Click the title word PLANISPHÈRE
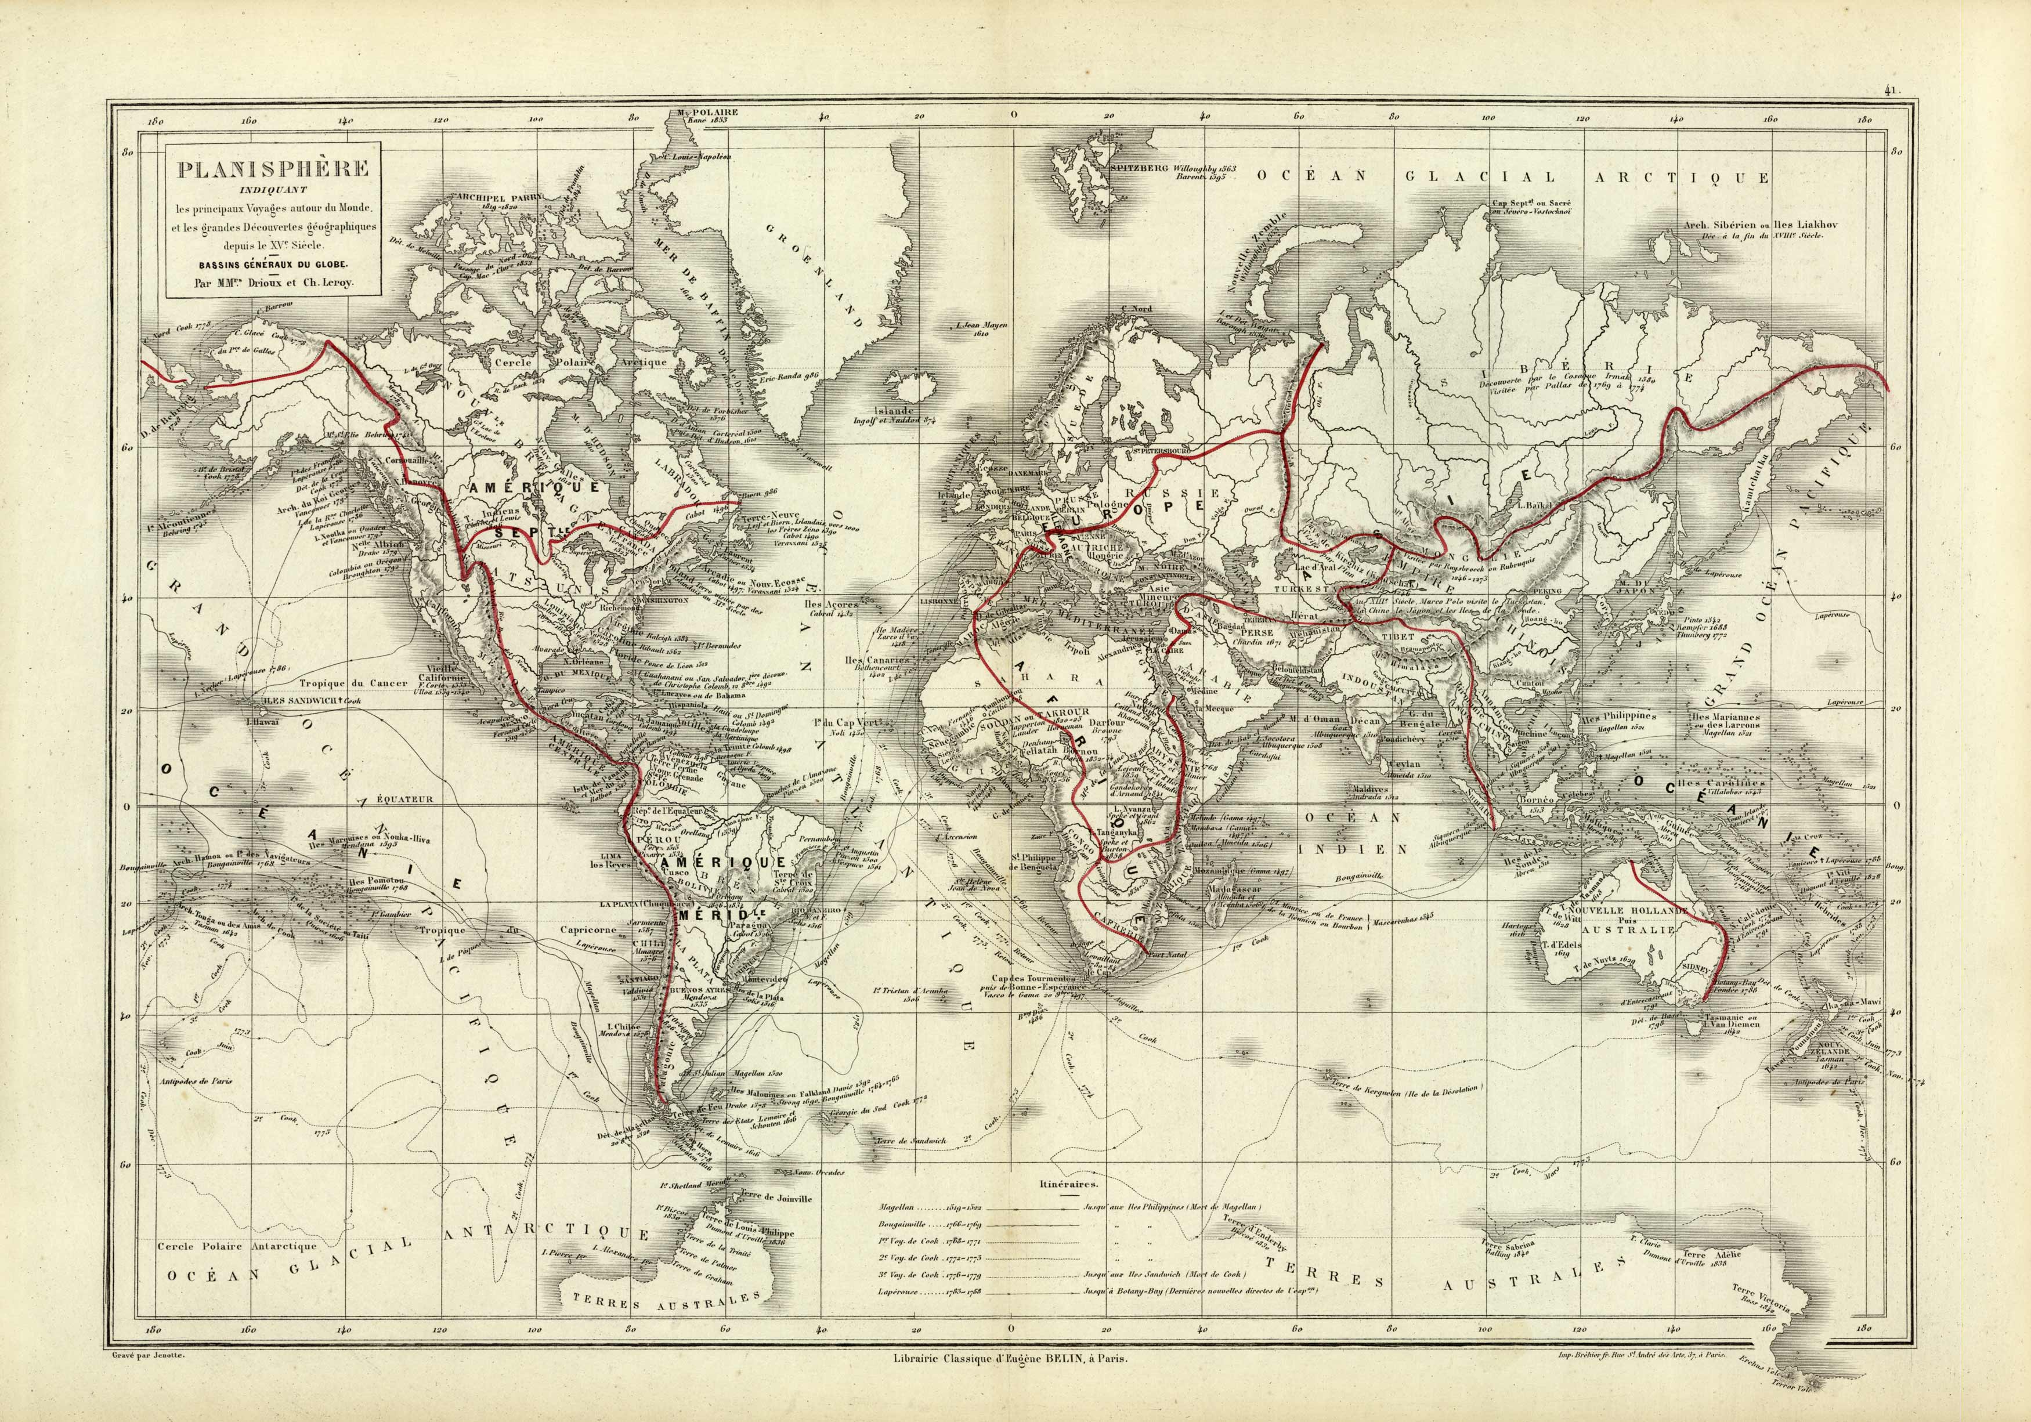(273, 168)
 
